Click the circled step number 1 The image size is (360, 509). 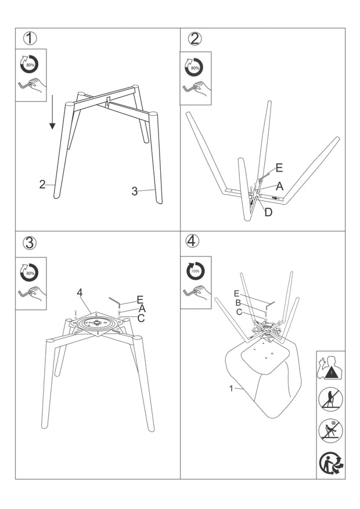click(x=30, y=39)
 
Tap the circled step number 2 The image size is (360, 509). click(x=195, y=39)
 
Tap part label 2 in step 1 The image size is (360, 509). click(x=42, y=185)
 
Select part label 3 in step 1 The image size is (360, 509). click(x=134, y=192)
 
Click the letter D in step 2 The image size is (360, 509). click(x=268, y=212)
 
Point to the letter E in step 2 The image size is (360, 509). click(x=279, y=168)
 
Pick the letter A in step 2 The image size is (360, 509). click(x=279, y=186)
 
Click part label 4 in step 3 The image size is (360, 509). click(x=80, y=293)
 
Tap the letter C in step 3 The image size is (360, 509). click(x=141, y=318)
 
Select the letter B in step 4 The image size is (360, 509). click(x=238, y=302)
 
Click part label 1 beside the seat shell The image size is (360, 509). click(x=231, y=388)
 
